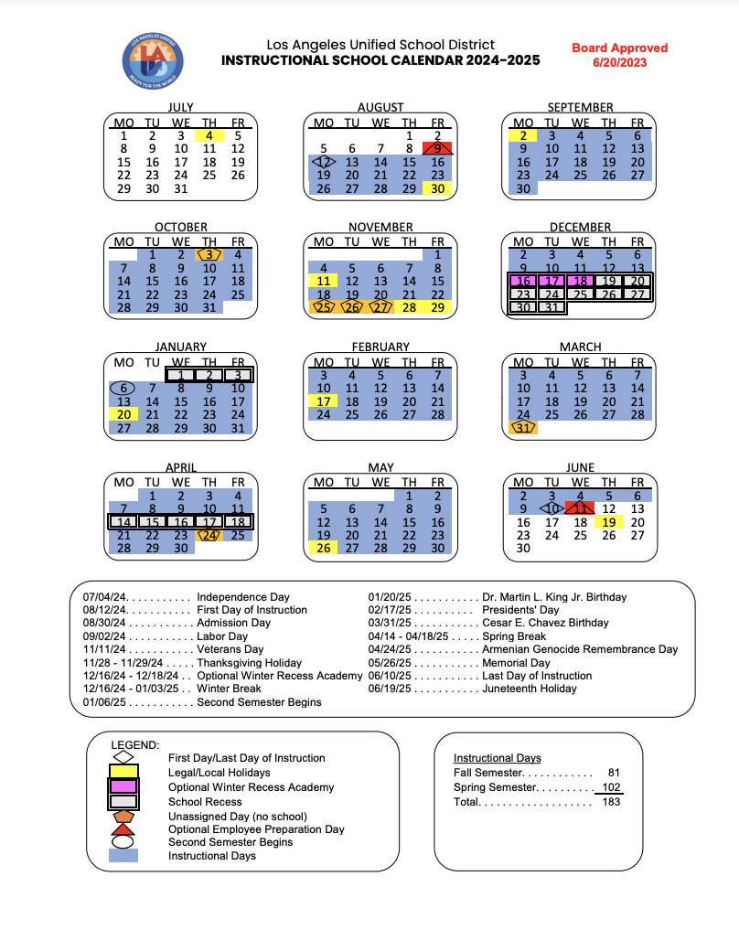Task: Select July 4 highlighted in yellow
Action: tap(209, 135)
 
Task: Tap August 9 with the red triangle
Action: tap(438, 148)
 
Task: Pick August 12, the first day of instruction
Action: tap(323, 162)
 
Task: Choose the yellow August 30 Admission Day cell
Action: tap(438, 188)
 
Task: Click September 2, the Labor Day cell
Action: tap(523, 135)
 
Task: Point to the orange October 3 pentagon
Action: tap(209, 255)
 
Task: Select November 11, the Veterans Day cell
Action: tap(323, 282)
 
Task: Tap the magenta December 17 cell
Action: tap(552, 282)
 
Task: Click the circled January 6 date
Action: tap(124, 388)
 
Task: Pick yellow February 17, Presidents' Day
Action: tap(323, 401)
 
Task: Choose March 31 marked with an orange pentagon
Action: tap(523, 428)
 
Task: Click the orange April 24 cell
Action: tap(209, 535)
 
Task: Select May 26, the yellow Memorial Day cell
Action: tap(323, 548)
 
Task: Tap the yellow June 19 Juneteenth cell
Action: tap(609, 522)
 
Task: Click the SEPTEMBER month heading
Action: tap(580, 107)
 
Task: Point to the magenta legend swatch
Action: tap(123, 786)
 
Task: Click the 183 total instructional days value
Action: tap(611, 802)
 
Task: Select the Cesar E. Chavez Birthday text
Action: tap(544, 623)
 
